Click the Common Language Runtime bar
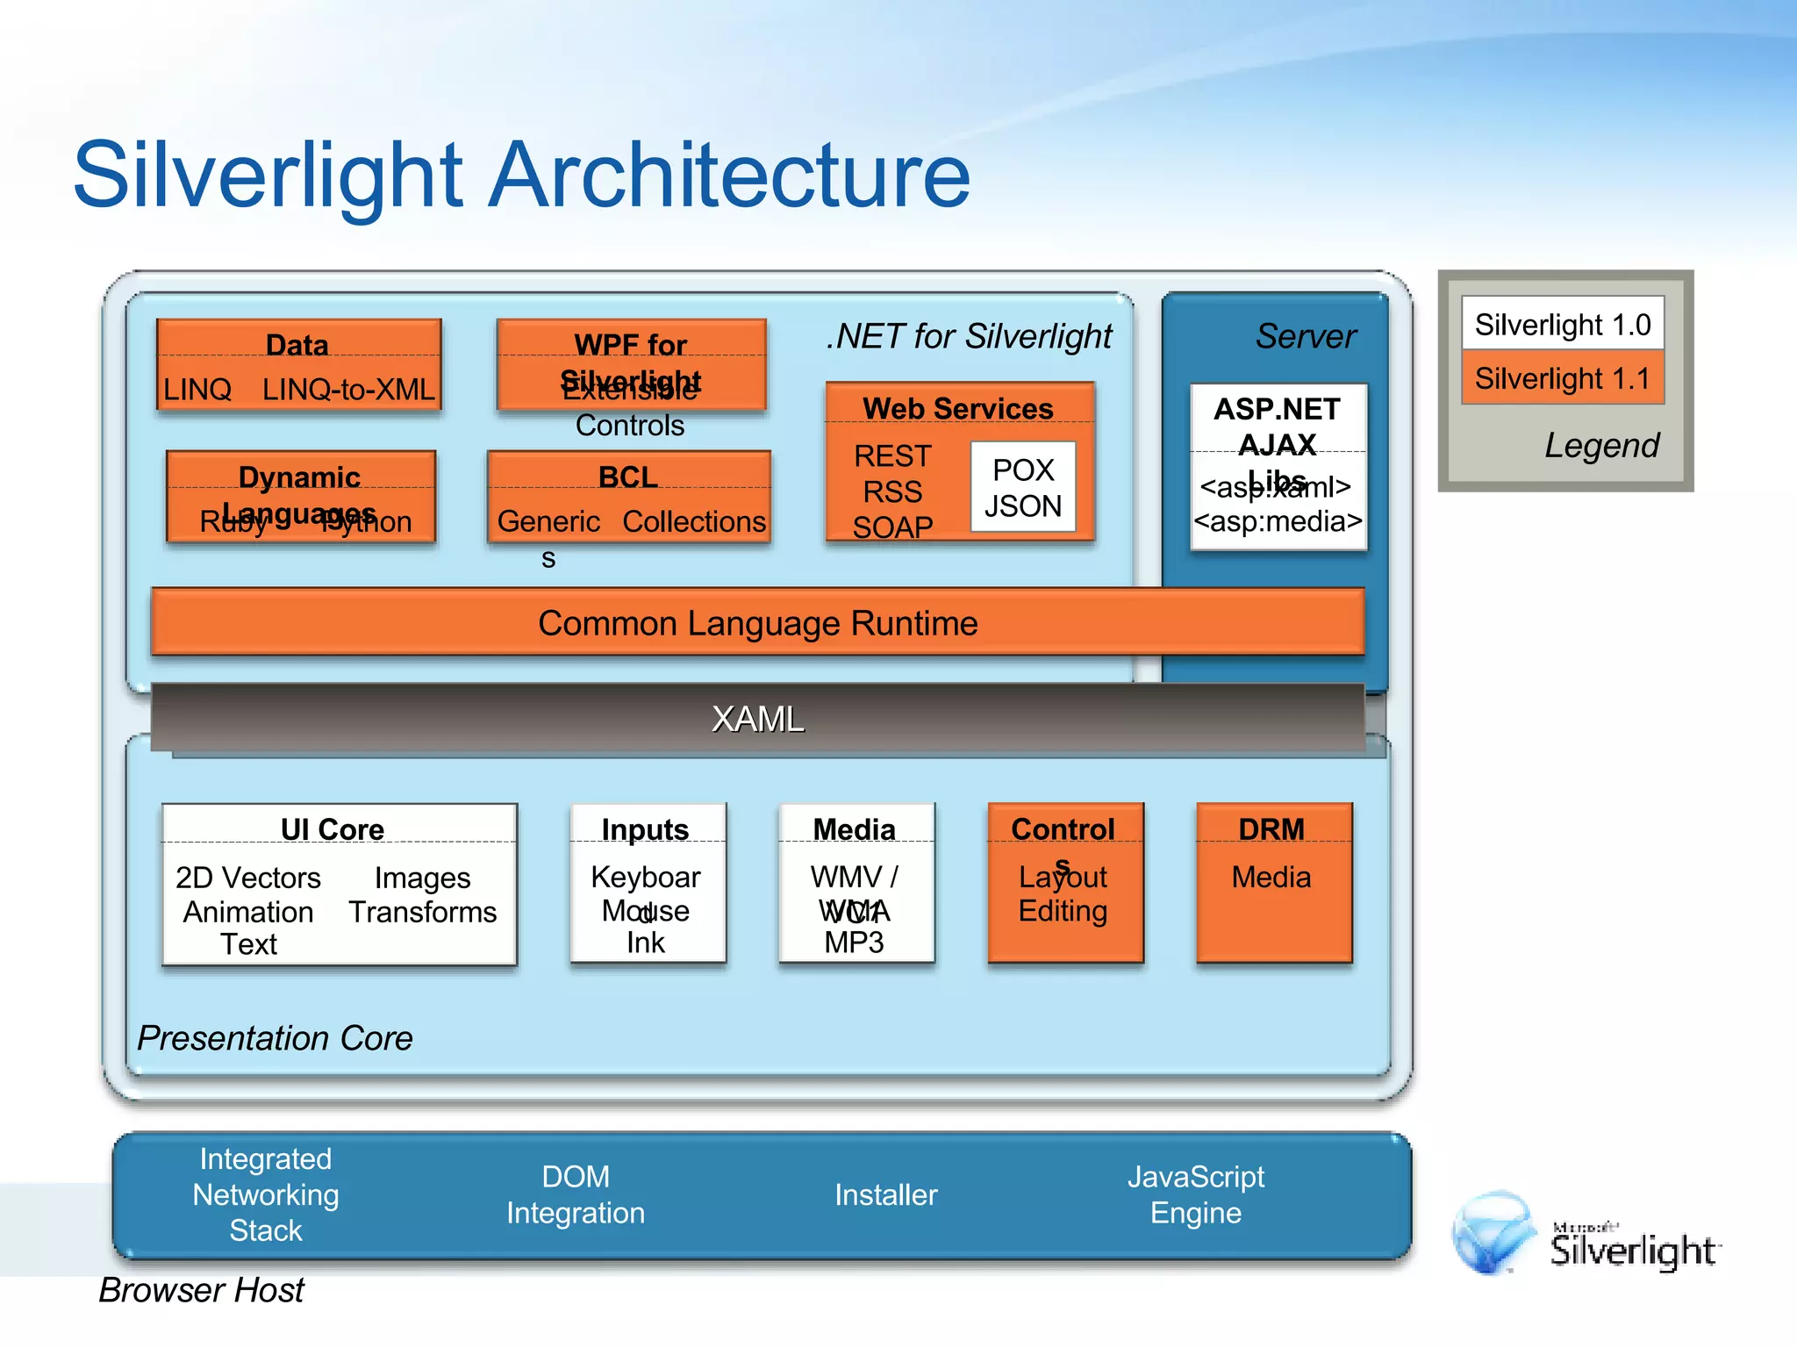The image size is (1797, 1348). pyautogui.click(x=757, y=622)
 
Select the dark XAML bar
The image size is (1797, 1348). pyautogui.click(x=757, y=719)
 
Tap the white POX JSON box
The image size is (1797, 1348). pyautogui.click(x=1023, y=488)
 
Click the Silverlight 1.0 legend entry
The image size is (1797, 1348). pyautogui.click(x=1562, y=325)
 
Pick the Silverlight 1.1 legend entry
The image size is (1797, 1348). pyautogui.click(x=1562, y=378)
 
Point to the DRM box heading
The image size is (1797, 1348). pyautogui.click(x=1271, y=829)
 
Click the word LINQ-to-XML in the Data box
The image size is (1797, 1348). pyautogui.click(x=348, y=389)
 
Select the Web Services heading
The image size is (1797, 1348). pyautogui.click(x=957, y=409)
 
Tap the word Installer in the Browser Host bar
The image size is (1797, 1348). pyautogui.click(x=885, y=1194)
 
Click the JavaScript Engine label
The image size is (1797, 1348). pyautogui.click(x=1195, y=1194)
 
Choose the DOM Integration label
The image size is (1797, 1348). pyautogui.click(x=576, y=1194)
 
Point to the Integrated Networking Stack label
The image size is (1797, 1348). pyautogui.click(x=266, y=1194)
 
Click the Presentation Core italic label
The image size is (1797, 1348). pyautogui.click(x=275, y=1038)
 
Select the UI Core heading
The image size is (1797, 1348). pyautogui.click(x=333, y=829)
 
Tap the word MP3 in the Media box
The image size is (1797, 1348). pyautogui.click(x=854, y=943)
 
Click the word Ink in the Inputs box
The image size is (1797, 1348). pyautogui.click(x=645, y=943)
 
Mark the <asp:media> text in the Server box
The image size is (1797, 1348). pyautogui.click(x=1278, y=521)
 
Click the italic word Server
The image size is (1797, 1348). pyautogui.click(x=1305, y=336)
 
